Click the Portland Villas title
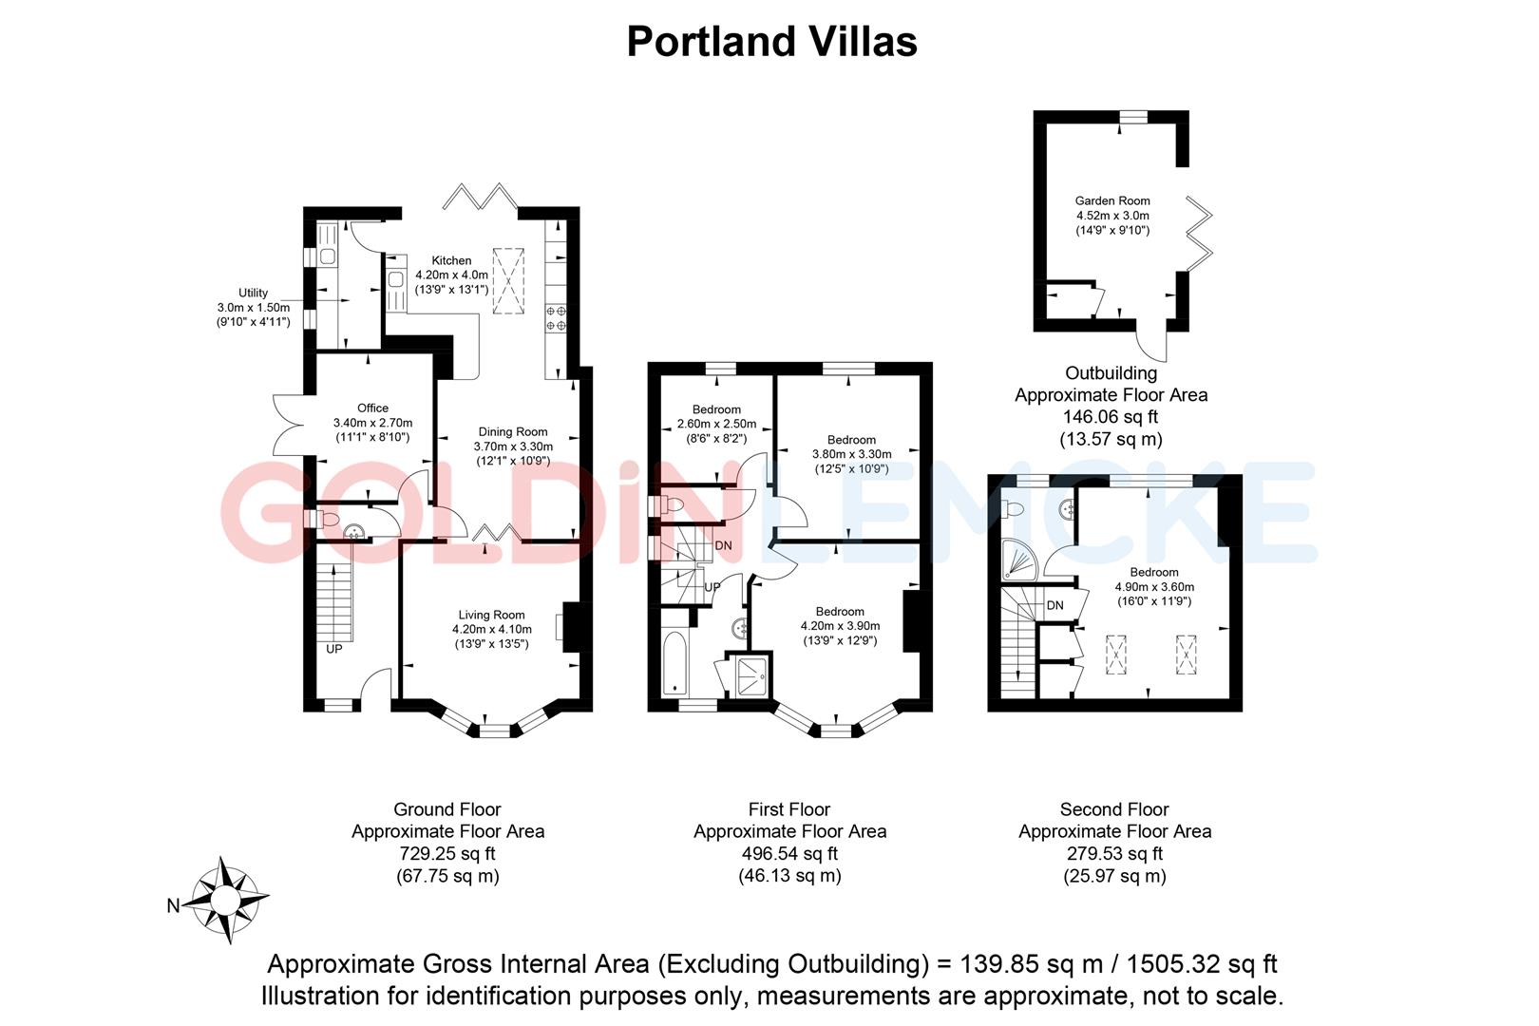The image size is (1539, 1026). [771, 42]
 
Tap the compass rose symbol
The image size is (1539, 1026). [228, 899]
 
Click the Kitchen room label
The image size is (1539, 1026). [451, 260]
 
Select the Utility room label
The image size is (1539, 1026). [254, 293]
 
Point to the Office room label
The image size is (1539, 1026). [372, 408]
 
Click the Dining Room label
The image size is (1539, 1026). [512, 431]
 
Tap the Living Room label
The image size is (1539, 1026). [491, 615]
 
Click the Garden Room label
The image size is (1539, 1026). [1112, 200]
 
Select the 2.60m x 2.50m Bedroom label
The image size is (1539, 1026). [716, 409]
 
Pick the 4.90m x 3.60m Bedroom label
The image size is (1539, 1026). [1154, 572]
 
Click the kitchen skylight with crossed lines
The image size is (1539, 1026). [509, 279]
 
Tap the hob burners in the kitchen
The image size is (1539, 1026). [556, 318]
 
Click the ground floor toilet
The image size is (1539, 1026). [325, 519]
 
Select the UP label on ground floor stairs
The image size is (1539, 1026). [334, 650]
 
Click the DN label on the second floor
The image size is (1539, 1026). [1054, 605]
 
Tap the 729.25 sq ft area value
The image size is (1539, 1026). [447, 853]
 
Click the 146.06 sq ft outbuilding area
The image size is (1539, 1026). [1111, 416]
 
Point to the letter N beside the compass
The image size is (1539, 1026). [173, 906]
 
